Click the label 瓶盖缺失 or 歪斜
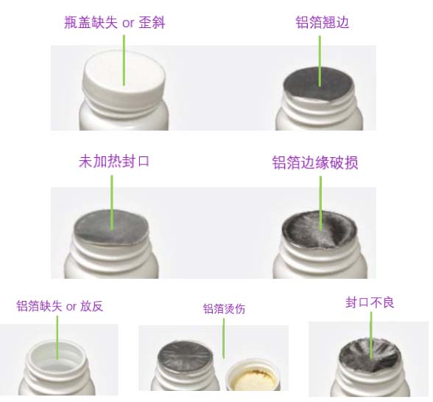click(x=115, y=22)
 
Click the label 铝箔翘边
click(x=322, y=22)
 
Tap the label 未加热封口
click(x=113, y=162)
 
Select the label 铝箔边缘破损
click(x=315, y=162)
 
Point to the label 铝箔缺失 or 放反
click(x=60, y=306)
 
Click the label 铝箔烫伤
click(x=224, y=309)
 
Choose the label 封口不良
click(x=370, y=302)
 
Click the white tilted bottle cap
click(x=125, y=77)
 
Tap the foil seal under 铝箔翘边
click(x=320, y=83)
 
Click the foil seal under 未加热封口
click(x=112, y=227)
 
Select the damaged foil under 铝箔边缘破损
click(x=320, y=229)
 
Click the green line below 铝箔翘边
click(x=320, y=61)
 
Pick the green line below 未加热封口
click(x=112, y=203)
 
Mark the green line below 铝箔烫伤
click(x=224, y=339)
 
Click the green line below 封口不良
click(x=371, y=336)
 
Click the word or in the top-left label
click(x=128, y=24)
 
